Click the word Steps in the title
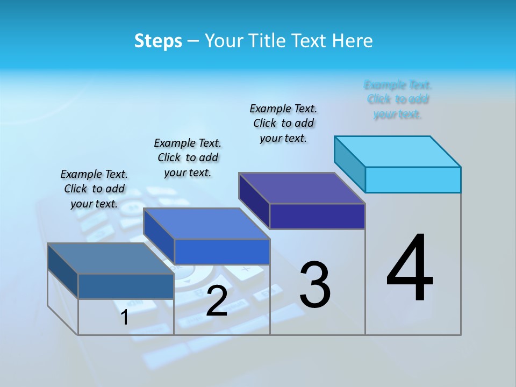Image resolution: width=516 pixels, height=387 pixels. point(157,41)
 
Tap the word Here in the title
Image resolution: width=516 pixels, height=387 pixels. point(352,41)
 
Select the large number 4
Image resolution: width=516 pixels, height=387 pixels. point(410,269)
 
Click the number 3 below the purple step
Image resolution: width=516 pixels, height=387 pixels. point(315,285)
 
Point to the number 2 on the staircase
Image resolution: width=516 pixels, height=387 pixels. point(217,301)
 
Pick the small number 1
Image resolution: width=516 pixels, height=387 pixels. point(125,317)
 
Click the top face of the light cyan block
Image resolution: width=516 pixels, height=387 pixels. point(398,151)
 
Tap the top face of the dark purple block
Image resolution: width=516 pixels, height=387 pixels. point(302,188)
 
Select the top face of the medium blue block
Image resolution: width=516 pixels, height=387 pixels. point(206,224)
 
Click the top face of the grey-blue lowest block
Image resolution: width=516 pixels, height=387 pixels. point(111,259)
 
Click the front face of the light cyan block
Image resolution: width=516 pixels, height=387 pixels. point(413,180)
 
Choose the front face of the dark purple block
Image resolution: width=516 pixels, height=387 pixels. point(317,216)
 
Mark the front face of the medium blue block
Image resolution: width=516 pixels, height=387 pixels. point(222,252)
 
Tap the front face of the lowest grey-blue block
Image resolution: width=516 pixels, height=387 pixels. point(126,286)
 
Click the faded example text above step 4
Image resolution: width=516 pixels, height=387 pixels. point(398,99)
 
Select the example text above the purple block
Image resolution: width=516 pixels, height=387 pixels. point(284,123)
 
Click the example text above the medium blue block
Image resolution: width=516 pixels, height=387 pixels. point(188,157)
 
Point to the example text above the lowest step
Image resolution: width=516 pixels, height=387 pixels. point(94,189)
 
